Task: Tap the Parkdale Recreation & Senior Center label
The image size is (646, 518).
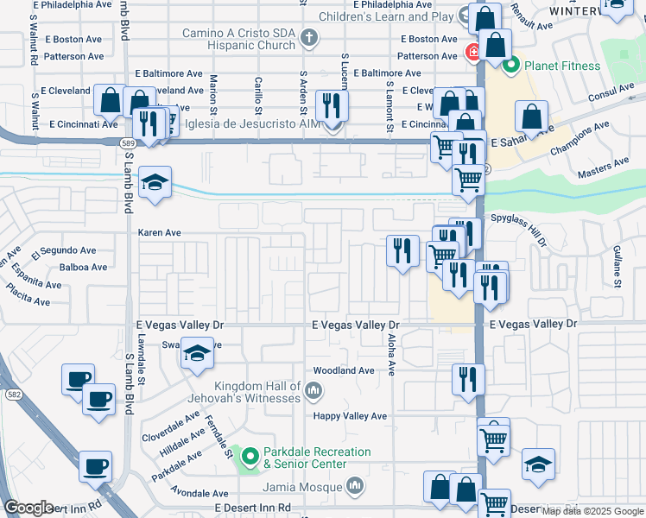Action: [x=317, y=458]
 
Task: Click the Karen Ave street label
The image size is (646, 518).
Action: [x=160, y=233]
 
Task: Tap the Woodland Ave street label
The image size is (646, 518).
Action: [x=344, y=370]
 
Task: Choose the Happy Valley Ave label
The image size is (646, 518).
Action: [x=350, y=416]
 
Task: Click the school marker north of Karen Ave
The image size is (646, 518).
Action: [x=155, y=182]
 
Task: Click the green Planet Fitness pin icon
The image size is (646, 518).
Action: [x=510, y=66]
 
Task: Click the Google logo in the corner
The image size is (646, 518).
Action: [x=28, y=508]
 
